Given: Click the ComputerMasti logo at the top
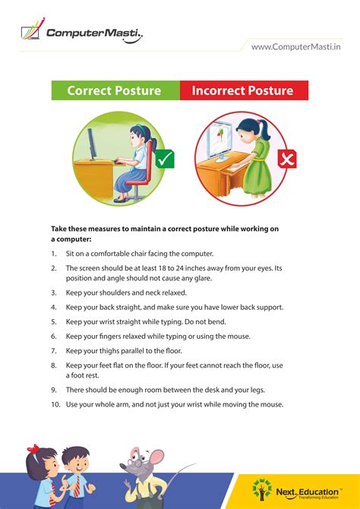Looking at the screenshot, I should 80,32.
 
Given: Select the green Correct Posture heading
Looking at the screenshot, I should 114,90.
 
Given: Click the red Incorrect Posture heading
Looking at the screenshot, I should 242,90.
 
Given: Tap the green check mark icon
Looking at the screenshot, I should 166,160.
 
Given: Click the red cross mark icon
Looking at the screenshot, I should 287,160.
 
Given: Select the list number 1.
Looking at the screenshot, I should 54,253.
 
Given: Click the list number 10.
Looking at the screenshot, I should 55,404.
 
